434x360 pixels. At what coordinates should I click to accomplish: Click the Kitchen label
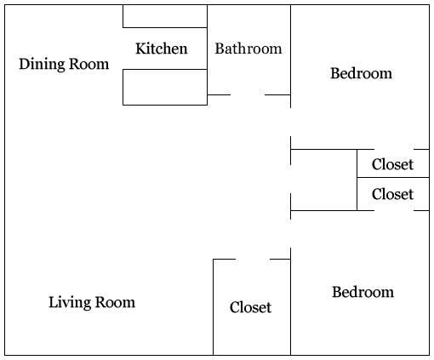pos(162,49)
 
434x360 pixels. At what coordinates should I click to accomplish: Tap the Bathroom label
pos(248,49)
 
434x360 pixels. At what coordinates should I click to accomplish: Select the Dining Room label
pos(64,64)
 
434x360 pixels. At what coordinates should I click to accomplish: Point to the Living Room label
pos(92,302)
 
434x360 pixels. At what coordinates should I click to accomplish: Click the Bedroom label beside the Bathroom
pos(362,73)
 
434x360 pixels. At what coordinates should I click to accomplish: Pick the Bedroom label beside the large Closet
pos(363,292)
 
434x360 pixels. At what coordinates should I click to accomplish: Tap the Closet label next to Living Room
pos(250,307)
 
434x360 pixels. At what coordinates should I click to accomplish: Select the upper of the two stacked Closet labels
pos(392,164)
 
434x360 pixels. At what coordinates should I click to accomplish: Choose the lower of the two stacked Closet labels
pos(392,194)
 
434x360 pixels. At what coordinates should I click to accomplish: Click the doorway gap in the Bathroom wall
pos(248,94)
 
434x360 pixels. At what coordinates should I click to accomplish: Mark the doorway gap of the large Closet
pos(253,259)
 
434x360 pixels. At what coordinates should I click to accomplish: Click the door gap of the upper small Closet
pos(394,149)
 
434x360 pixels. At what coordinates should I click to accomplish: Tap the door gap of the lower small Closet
pos(394,210)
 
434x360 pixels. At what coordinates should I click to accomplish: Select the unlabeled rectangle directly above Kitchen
pos(165,16)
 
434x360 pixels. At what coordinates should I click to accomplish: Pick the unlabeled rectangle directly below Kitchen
pos(165,87)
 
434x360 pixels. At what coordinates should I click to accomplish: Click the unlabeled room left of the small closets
pos(323,180)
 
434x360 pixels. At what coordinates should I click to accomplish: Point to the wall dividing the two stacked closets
pos(393,178)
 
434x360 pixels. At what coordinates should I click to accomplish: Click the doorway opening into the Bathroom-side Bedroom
pos(290,122)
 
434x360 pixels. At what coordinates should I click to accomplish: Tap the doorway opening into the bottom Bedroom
pos(290,233)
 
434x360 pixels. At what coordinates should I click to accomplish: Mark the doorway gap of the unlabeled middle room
pos(290,179)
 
